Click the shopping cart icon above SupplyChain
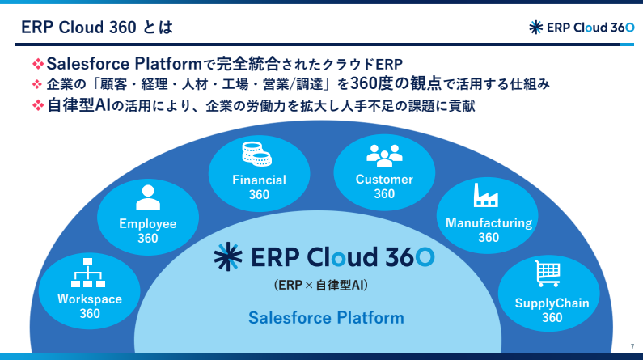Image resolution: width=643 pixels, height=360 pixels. point(548,273)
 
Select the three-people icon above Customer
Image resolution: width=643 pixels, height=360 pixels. point(384,155)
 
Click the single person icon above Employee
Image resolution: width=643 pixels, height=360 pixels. point(148,197)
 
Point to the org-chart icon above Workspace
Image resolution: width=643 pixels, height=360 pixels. point(89,272)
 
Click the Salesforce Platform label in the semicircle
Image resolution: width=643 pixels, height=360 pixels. point(326,317)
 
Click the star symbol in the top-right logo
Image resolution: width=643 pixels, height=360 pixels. point(535,27)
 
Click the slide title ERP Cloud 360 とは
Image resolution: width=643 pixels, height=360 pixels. point(96,28)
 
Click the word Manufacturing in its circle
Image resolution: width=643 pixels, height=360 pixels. point(489,222)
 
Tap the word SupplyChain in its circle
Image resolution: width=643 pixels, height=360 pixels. point(552,303)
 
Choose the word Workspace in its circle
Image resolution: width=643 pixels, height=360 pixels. point(90,299)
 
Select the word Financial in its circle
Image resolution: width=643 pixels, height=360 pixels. point(259,180)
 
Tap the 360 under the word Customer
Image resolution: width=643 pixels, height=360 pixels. point(384,194)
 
